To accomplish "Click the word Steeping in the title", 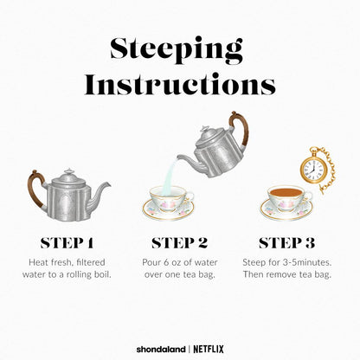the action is click(x=177, y=51).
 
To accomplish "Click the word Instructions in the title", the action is click(x=180, y=84).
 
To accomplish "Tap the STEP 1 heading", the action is click(x=67, y=243).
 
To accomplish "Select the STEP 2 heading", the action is click(x=179, y=243).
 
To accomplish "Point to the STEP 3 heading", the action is click(x=286, y=243).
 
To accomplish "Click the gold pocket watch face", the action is click(x=313, y=168).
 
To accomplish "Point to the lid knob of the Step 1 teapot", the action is click(x=69, y=171).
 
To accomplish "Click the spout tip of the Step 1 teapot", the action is click(x=109, y=183).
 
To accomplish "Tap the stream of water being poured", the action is click(x=170, y=177).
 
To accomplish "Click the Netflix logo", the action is click(x=209, y=349).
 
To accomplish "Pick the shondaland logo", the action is click(x=161, y=350).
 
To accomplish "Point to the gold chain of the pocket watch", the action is click(x=330, y=170).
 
